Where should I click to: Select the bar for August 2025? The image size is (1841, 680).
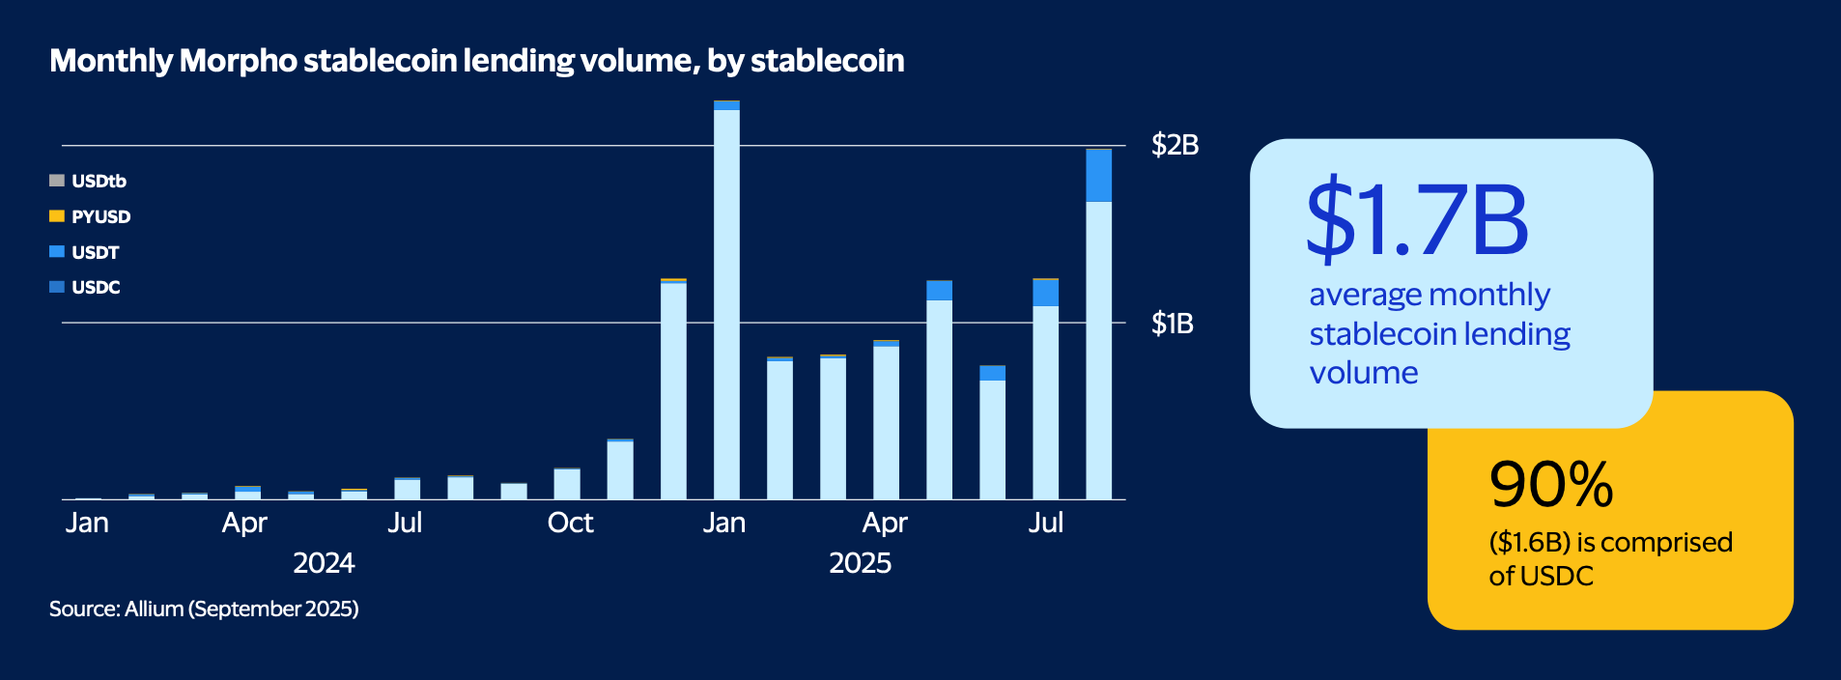click(x=1098, y=348)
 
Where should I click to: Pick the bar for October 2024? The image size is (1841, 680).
click(x=567, y=484)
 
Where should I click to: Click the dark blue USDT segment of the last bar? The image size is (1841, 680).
click(x=1098, y=176)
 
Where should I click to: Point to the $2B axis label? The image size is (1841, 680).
click(x=1175, y=146)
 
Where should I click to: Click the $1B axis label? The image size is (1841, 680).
click(x=1172, y=324)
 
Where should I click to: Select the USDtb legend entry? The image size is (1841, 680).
click(x=98, y=182)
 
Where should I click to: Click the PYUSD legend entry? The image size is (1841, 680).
click(x=99, y=217)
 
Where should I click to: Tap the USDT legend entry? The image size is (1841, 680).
click(x=95, y=253)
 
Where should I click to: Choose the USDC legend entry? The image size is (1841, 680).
click(x=95, y=288)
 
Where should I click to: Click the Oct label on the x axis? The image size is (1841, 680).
click(x=570, y=524)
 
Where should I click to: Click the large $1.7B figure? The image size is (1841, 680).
click(x=1417, y=220)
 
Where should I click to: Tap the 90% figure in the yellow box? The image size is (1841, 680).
click(x=1551, y=485)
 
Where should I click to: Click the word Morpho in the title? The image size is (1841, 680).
click(x=239, y=61)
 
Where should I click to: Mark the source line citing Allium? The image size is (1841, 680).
click(x=204, y=609)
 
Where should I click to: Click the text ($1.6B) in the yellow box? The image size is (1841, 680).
click(x=1529, y=543)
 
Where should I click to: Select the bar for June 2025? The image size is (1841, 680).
click(x=992, y=435)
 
